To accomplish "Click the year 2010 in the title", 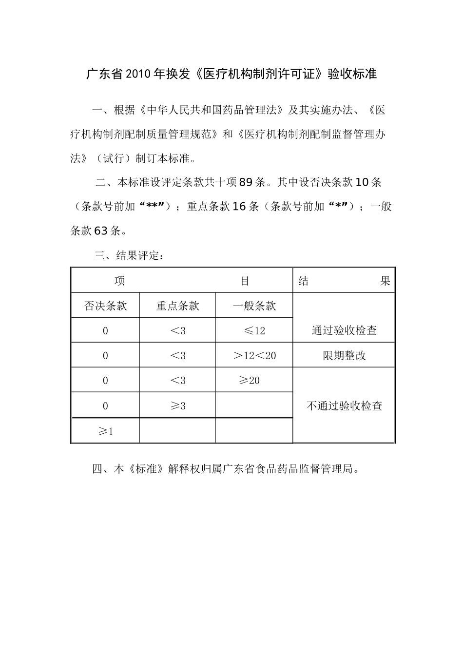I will click(x=139, y=74).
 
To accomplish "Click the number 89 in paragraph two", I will click(x=246, y=183).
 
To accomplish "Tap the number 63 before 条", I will click(x=100, y=231).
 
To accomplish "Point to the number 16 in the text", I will click(x=239, y=207).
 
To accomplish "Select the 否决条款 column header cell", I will click(x=105, y=306).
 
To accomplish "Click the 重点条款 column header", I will click(x=177, y=306).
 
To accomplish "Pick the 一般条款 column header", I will click(x=254, y=306).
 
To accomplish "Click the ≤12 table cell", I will click(x=254, y=331).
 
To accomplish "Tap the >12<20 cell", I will click(x=254, y=356).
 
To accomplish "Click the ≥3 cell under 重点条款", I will click(x=177, y=406).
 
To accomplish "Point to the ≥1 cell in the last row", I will click(x=105, y=431).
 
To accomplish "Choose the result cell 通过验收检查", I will click(x=344, y=330).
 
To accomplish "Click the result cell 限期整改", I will click(x=344, y=356).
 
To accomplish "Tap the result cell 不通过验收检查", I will click(x=344, y=406).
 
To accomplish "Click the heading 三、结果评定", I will click(x=130, y=255).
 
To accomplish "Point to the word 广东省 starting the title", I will click(x=105, y=74).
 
